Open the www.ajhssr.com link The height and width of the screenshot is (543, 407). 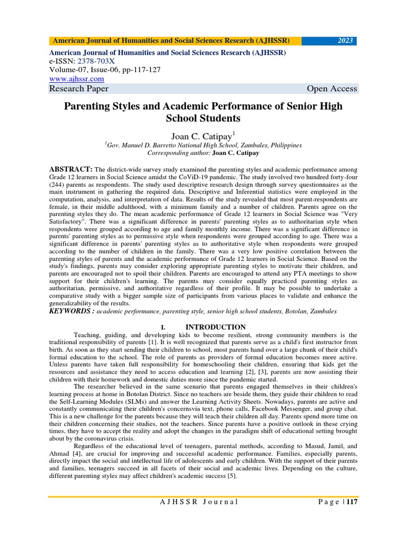[76, 78]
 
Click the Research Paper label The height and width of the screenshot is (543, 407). [78, 89]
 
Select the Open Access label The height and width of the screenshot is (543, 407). [332, 89]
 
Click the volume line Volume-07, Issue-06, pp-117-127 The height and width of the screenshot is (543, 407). [105, 69]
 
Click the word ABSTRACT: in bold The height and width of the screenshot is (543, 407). [71, 169]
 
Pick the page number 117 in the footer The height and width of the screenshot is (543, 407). [352, 502]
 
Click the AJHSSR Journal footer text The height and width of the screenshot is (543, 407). [199, 502]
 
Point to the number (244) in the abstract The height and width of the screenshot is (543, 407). [59, 185]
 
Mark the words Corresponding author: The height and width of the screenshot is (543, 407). [181, 152]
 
